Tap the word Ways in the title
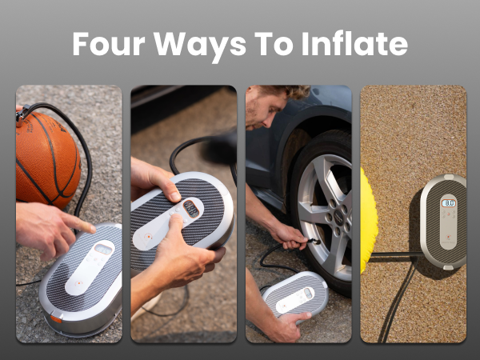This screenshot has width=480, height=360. click(x=195, y=44)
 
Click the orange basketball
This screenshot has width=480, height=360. click(x=46, y=158)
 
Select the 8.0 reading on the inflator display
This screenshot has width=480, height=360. click(x=450, y=203)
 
